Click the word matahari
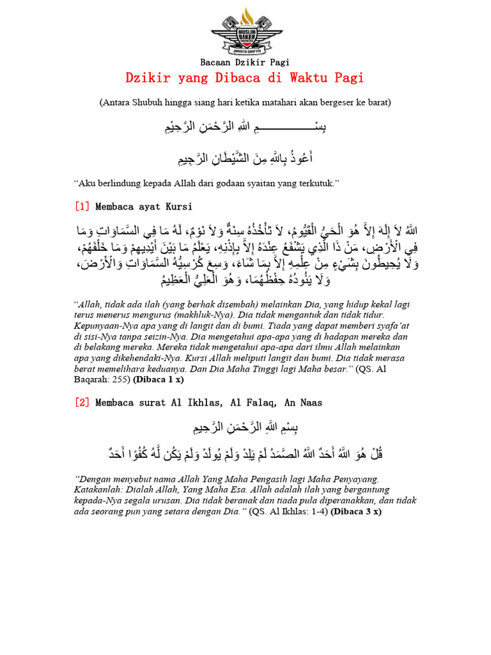tap(296, 102)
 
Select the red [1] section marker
tap(82, 207)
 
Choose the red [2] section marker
tap(82, 403)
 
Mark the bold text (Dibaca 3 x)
tap(356, 512)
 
